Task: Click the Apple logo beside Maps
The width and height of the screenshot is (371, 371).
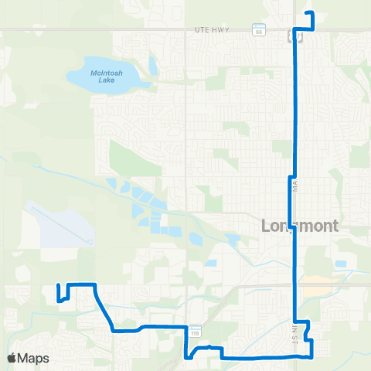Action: tap(12, 359)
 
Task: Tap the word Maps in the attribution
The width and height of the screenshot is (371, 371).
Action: tap(34, 359)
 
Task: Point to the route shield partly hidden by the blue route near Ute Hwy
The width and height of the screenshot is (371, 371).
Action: tap(291, 36)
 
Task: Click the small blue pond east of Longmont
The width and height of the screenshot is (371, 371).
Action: tap(340, 264)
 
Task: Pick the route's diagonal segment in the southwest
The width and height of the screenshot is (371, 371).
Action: tap(104, 308)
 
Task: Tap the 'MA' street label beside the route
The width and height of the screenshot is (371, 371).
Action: tap(294, 185)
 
